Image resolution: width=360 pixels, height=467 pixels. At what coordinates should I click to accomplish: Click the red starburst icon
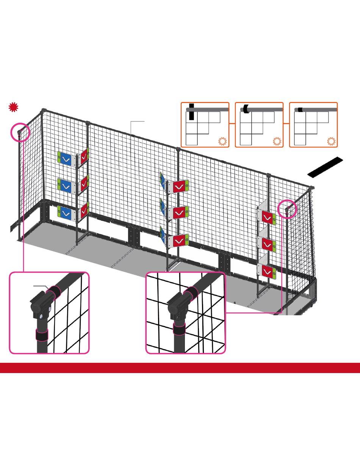[14, 107]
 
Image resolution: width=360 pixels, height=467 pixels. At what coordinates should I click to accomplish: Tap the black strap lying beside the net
[325, 167]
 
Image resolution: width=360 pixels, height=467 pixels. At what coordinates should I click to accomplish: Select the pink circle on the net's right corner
[287, 209]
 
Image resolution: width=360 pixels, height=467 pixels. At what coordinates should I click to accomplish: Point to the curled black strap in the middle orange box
[246, 109]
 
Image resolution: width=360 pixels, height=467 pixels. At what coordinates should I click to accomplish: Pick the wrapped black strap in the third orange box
[300, 109]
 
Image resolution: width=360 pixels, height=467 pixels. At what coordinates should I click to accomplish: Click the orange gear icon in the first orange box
[222, 142]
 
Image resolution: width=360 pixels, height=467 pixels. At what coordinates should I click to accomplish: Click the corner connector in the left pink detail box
[40, 305]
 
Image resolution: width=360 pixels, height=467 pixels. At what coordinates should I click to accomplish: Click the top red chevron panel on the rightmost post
[268, 217]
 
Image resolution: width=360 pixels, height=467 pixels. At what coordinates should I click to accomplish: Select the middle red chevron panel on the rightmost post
[268, 244]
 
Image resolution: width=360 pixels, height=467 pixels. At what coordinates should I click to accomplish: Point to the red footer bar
[180, 368]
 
